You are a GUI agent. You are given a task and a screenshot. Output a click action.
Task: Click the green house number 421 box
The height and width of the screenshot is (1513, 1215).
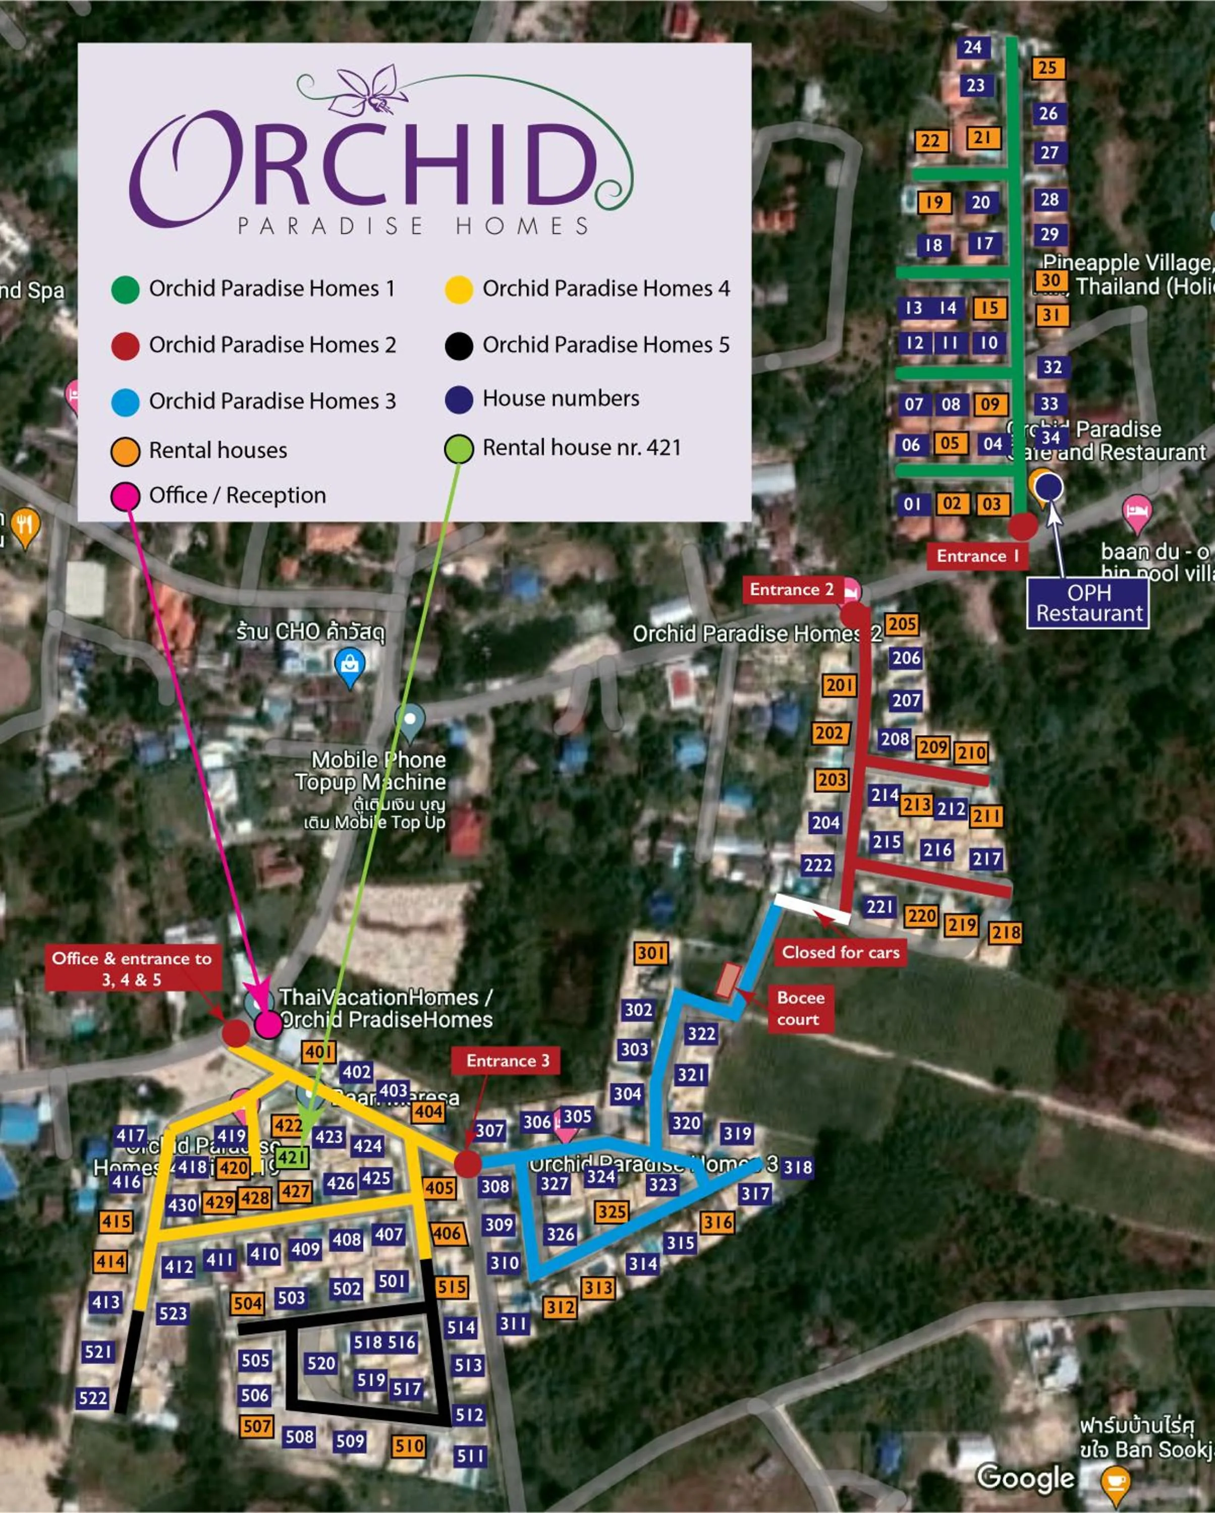point(291,1156)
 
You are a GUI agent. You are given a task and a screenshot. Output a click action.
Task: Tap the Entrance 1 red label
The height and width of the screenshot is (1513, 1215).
point(977,556)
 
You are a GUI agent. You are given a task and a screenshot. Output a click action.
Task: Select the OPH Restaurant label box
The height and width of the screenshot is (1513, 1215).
point(1088,603)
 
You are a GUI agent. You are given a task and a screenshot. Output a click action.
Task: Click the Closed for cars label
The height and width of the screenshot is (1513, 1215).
point(840,952)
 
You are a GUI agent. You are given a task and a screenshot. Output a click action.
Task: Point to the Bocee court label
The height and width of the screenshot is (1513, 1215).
point(800,1009)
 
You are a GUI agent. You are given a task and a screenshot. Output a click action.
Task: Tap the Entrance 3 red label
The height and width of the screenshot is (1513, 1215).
point(508,1061)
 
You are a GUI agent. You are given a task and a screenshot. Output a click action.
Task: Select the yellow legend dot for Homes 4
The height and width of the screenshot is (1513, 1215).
point(458,289)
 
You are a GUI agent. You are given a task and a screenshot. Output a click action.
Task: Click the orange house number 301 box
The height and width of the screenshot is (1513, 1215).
point(651,953)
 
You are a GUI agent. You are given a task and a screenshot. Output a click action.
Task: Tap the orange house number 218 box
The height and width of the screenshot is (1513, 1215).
point(1005,933)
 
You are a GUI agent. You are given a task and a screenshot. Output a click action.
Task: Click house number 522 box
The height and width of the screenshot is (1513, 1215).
point(93,1398)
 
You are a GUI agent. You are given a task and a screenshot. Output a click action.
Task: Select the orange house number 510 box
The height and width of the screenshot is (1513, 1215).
point(409,1445)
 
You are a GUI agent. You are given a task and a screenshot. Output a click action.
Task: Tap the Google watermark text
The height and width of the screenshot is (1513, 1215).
point(1025,1477)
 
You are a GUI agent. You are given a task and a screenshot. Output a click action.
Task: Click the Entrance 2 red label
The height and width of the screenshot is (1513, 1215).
point(792,590)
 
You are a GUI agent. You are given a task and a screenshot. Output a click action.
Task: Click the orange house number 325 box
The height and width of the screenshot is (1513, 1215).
point(612,1212)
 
